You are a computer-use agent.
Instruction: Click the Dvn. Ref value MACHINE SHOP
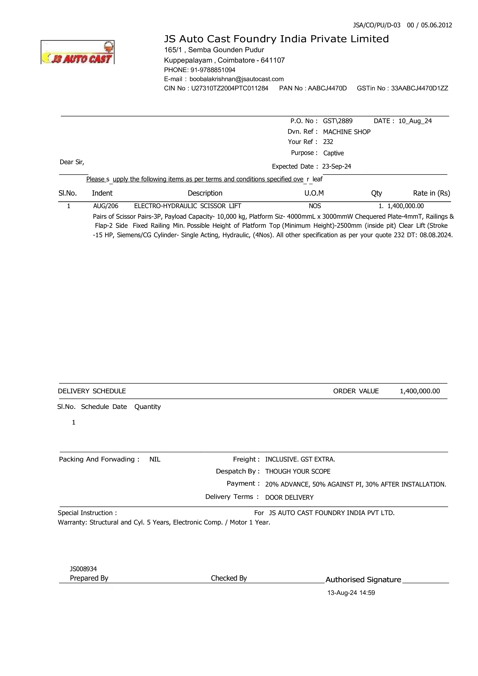coord(347,132)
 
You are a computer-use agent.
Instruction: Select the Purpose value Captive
coord(333,153)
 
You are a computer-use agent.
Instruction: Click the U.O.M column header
coord(314,193)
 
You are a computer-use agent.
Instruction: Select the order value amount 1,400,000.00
coord(420,391)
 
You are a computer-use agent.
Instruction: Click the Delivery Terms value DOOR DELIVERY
coord(289,498)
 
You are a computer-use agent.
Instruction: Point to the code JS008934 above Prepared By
coord(83,569)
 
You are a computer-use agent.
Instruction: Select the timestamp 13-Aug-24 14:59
coord(351,593)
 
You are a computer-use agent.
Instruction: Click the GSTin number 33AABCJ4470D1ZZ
coord(419,88)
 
